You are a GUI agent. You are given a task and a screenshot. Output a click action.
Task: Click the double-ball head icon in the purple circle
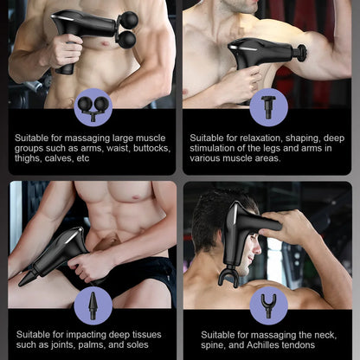point(90,106)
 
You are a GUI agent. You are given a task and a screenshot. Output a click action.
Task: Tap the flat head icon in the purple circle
point(268,106)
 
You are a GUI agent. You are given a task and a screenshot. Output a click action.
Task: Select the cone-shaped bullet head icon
point(92,305)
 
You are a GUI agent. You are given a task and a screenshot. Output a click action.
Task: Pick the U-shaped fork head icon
point(268,304)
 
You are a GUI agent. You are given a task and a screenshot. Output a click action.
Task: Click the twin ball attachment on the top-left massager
point(127,29)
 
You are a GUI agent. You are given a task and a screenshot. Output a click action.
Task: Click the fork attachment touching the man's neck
point(228,276)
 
